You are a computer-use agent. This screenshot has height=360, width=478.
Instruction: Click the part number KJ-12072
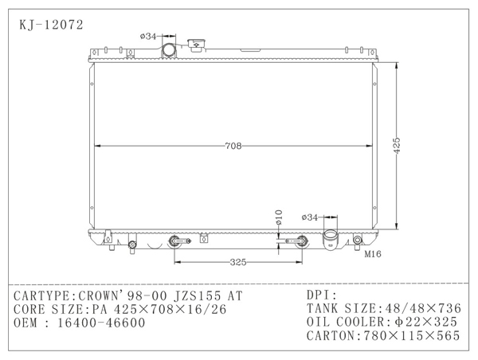point(51,25)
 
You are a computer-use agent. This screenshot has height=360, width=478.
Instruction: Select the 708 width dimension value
point(233,146)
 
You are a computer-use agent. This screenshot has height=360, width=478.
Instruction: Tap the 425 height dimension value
point(396,146)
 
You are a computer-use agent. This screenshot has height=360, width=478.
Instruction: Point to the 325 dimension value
point(238,262)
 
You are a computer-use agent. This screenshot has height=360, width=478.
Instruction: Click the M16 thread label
point(373,254)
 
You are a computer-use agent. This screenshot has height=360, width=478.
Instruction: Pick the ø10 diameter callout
point(279,217)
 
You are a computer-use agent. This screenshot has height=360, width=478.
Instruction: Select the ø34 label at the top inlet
point(148,37)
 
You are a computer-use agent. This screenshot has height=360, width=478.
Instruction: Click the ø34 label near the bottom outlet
point(309,217)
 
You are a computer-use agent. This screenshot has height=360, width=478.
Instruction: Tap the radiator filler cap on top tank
point(197,45)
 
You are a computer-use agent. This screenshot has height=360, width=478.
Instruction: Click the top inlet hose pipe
point(169,50)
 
